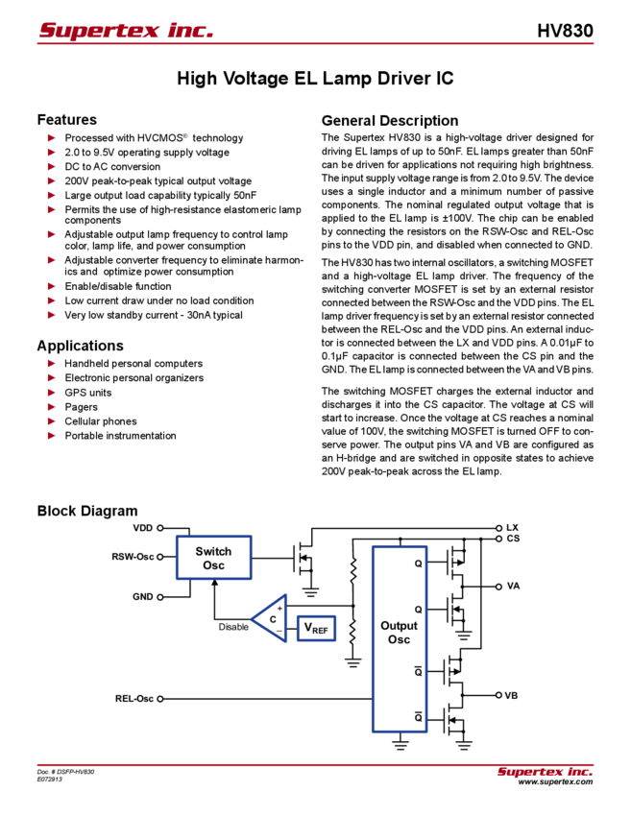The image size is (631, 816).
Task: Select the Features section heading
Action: coord(70,121)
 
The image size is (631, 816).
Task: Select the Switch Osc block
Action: coord(213,558)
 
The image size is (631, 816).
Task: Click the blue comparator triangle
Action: coord(270,618)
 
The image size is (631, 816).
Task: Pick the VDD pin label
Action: coord(143,528)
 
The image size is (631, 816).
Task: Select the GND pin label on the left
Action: coord(144,596)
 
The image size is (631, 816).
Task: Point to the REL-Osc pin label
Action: coord(135,698)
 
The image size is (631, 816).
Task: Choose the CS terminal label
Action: coord(513,538)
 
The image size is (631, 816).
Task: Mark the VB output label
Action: coord(511,694)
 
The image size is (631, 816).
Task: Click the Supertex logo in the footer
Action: coord(545,772)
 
